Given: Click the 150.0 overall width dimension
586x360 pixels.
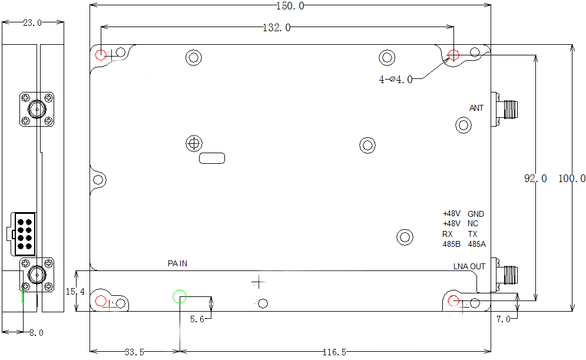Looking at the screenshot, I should pos(290,6).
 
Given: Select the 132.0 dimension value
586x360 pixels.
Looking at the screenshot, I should pos(276,28).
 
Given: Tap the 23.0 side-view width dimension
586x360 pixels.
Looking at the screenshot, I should pos(32,23).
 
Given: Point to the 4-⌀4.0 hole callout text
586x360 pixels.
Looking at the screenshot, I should pos(395,80).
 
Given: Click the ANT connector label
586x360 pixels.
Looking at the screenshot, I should pos(476,108).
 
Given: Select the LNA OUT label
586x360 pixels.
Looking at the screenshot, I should pos(469,266).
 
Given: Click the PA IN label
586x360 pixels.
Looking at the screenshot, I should pos(177,263).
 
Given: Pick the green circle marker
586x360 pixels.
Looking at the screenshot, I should pos(180,296).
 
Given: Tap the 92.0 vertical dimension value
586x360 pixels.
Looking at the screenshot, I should pos(535,178).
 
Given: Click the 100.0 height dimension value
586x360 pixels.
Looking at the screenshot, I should pos(571,178).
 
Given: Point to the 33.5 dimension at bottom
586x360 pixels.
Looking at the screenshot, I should pos(134,352).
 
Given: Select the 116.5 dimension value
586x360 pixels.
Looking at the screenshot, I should pos(334,352).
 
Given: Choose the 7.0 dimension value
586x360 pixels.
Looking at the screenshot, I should pos(503,319).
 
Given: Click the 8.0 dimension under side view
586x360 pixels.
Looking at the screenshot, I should pos(37,332).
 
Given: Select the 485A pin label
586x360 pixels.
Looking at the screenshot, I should pos(477,244).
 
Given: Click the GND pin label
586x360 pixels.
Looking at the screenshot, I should pos(476,214).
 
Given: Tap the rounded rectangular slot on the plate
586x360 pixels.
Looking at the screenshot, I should pos(213,158).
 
